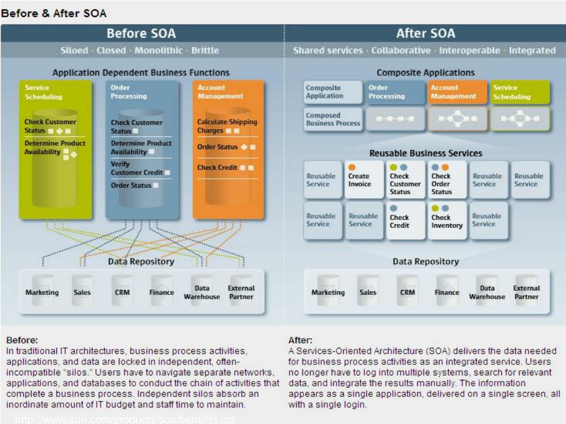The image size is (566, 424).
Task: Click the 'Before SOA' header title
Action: click(141, 33)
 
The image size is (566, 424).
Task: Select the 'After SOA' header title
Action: click(425, 33)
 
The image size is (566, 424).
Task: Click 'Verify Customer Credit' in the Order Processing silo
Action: click(137, 168)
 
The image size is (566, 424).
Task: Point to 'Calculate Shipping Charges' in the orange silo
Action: click(227, 126)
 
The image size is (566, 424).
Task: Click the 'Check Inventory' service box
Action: click(447, 221)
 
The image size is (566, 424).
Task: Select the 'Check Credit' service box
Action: click(405, 221)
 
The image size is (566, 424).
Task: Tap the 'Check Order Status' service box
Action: click(447, 180)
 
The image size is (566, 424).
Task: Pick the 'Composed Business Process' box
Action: click(333, 119)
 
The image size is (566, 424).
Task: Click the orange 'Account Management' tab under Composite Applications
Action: click(457, 92)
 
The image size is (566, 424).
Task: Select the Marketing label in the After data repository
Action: click(328, 293)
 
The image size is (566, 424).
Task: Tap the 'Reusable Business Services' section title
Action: click(426, 153)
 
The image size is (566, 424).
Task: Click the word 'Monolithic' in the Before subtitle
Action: click(158, 50)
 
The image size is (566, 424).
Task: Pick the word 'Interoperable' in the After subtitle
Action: click(470, 50)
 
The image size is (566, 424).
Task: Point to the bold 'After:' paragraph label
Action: click(300, 340)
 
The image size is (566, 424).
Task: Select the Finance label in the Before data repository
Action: click(161, 293)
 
